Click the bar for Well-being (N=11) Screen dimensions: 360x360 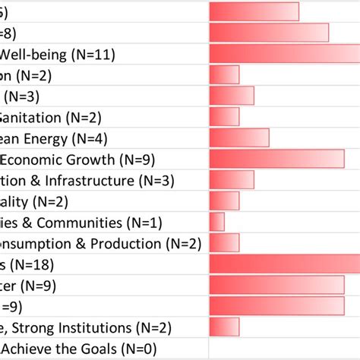[284, 54]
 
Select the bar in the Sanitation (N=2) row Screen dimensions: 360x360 [224, 116]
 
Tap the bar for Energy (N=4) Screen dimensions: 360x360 [239, 137]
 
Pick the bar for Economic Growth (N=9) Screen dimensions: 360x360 [276, 159]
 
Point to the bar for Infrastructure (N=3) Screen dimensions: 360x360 [232, 180]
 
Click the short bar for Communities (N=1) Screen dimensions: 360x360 [216, 222]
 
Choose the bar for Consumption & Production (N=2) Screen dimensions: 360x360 [224, 243]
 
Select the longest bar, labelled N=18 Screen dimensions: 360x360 [284, 264]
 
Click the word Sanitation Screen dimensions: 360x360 [30, 117]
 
